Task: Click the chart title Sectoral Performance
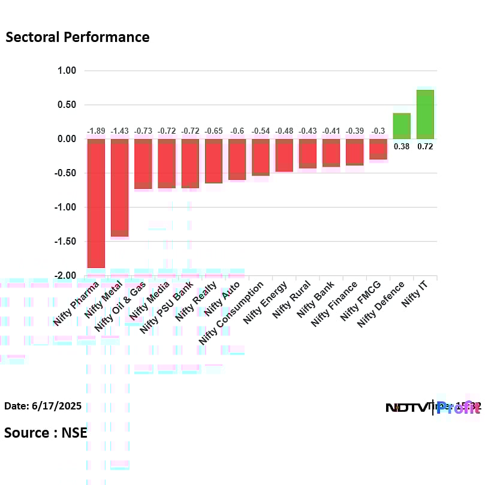tap(77, 37)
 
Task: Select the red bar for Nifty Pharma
tap(96, 203)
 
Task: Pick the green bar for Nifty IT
tap(425, 115)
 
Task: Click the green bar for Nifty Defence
tap(402, 126)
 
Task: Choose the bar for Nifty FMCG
tap(378, 149)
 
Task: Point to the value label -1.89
tap(96, 131)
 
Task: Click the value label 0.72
tap(425, 146)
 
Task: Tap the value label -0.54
tap(261, 131)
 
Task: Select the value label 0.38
tap(402, 146)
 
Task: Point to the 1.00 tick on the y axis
tap(67, 71)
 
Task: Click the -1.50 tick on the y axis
tap(65, 242)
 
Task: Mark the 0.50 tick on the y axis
tap(67, 105)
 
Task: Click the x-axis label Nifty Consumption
tap(231, 312)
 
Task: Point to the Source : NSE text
tap(46, 432)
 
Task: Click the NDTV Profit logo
tap(432, 408)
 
